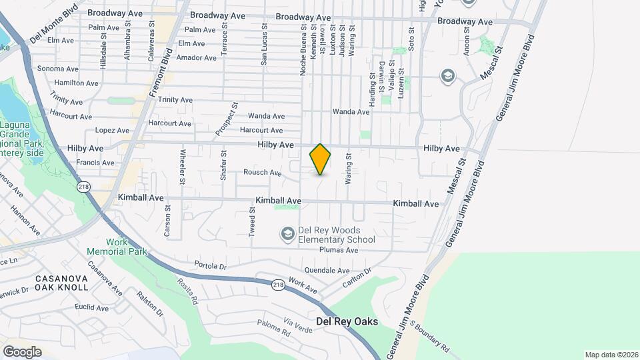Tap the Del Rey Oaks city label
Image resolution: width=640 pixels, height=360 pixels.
(347, 321)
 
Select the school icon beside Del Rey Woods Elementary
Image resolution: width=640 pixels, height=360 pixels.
(287, 233)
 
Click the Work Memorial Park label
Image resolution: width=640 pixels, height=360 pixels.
(116, 247)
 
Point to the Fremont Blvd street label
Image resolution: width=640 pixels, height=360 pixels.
(161, 74)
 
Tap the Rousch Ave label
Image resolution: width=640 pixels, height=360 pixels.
(262, 172)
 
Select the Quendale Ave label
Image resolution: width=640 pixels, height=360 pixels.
(327, 271)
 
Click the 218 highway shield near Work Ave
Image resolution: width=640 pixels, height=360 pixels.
(278, 285)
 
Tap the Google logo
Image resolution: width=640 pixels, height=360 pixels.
(22, 351)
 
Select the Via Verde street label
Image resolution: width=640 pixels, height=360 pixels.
(298, 324)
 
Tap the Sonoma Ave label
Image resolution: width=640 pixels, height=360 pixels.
(58, 69)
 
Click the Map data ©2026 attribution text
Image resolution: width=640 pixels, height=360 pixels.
(611, 355)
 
